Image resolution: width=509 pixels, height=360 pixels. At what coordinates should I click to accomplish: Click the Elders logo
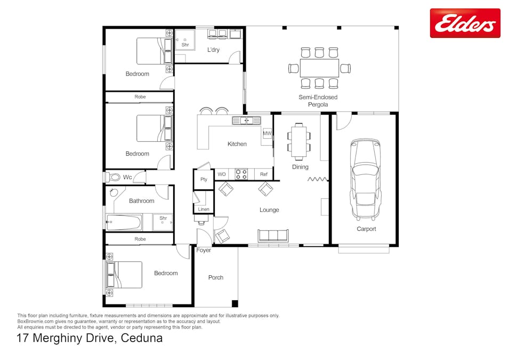coord(465,23)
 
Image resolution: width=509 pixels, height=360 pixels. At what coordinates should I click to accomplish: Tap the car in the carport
coord(366,179)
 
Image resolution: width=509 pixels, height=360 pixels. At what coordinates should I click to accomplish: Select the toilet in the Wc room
coord(112,177)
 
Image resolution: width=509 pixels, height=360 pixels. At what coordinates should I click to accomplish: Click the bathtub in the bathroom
coord(123,222)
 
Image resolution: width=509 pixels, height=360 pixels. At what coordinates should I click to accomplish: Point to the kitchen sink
coord(246,121)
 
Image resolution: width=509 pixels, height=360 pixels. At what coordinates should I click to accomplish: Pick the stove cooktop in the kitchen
coord(241,174)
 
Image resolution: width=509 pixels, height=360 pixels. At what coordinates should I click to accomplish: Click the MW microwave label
coord(267,133)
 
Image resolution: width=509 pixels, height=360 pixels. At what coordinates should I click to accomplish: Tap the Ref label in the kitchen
coord(264,174)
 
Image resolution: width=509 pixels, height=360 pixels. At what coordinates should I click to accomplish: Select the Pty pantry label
coord(204,179)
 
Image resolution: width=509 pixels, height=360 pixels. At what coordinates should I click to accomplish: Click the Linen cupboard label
coord(204,209)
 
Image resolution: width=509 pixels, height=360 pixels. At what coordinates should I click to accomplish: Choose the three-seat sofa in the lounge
coord(273,235)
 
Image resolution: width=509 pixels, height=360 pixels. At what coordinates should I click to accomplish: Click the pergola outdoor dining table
coord(319,68)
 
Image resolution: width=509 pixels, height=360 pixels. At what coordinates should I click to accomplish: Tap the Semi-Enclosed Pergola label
coord(318,101)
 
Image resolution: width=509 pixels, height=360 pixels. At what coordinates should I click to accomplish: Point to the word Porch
coord(216,277)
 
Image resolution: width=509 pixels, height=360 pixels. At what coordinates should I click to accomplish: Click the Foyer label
coord(204,250)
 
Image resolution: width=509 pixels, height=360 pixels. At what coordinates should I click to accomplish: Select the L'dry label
coord(213,50)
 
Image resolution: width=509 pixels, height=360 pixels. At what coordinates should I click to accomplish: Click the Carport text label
coord(366,229)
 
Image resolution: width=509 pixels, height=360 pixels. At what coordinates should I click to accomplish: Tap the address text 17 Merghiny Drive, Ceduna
coord(90,338)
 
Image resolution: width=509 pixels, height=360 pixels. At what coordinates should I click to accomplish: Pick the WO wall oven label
coord(222,174)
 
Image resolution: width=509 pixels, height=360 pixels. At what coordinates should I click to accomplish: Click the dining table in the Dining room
coord(298,141)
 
